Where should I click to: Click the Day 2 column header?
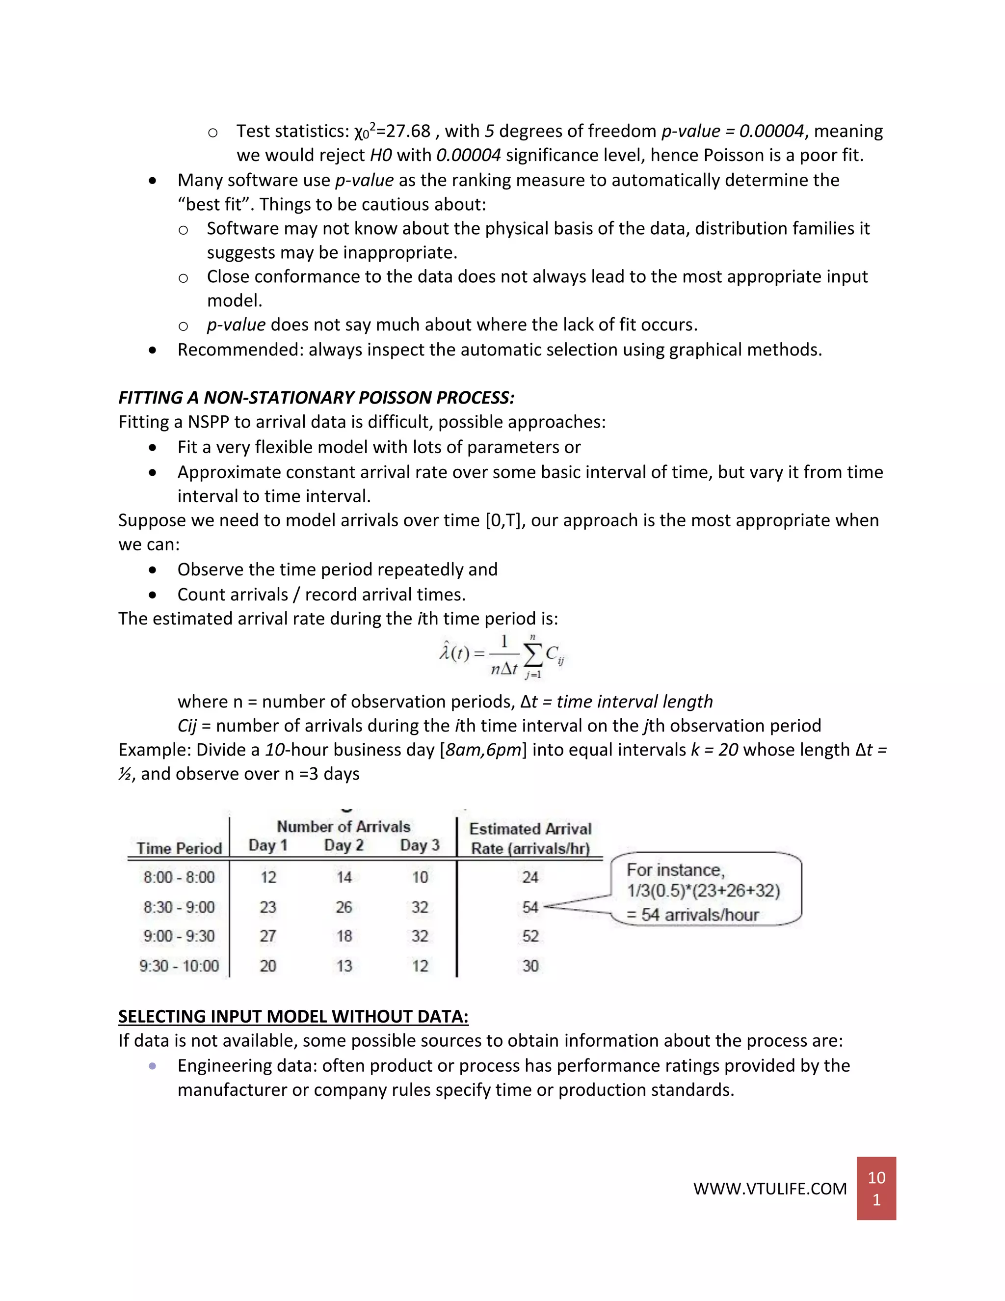coord(344,845)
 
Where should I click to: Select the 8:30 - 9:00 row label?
coord(179,907)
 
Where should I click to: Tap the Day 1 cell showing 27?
coord(268,936)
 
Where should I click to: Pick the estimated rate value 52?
coord(530,936)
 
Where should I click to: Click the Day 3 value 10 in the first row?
coord(420,877)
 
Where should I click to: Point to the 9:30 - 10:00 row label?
coord(179,966)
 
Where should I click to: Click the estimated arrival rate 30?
coord(530,966)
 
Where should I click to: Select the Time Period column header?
coord(179,848)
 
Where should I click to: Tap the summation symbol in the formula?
coord(533,656)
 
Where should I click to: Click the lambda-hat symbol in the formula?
coord(444,653)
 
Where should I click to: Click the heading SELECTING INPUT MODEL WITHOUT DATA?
coord(293,1016)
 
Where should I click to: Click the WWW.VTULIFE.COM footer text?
coord(769,1189)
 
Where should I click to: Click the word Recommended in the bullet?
coord(239,350)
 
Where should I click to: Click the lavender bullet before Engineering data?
coord(153,1066)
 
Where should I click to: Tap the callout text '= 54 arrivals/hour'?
coord(693,915)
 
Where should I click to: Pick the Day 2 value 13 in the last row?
coord(344,966)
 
